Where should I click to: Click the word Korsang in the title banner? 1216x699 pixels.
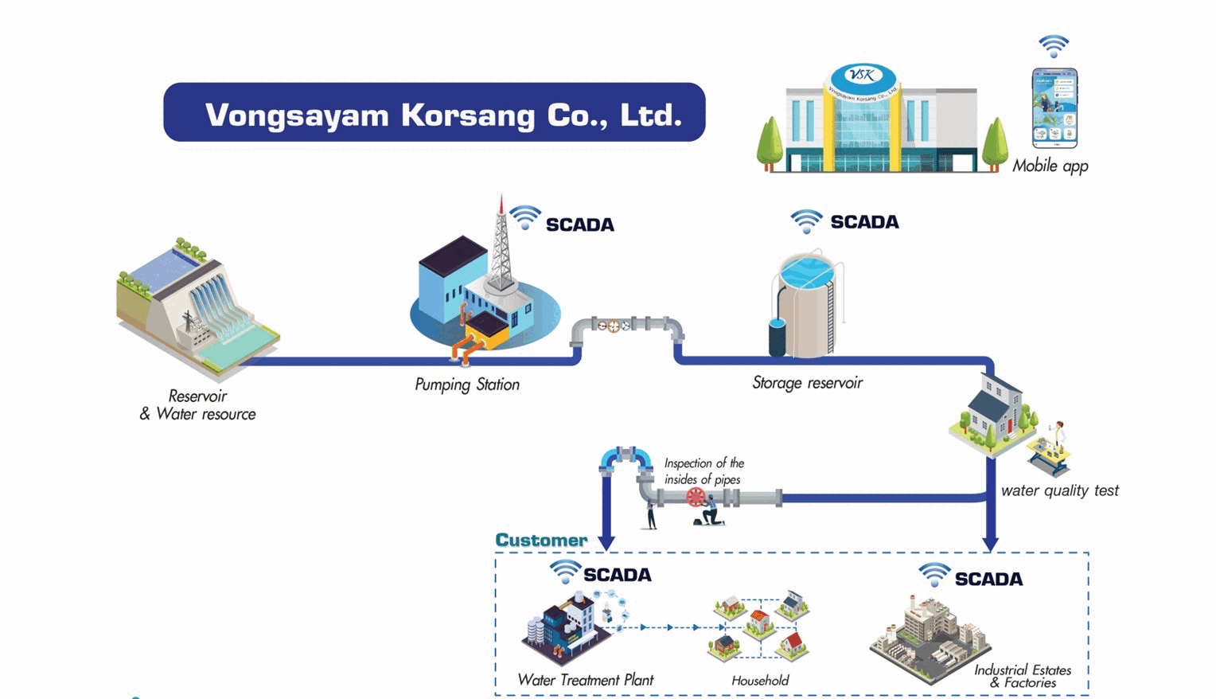pyautogui.click(x=467, y=115)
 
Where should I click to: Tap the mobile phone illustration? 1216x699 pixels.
pyautogui.click(x=1054, y=108)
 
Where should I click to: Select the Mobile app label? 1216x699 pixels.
pyautogui.click(x=1050, y=166)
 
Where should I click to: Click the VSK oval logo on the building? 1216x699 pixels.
pyautogui.click(x=863, y=76)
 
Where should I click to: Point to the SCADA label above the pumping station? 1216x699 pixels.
pyautogui.click(x=579, y=225)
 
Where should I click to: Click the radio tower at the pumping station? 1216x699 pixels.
pyautogui.click(x=501, y=243)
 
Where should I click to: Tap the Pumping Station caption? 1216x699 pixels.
pyautogui.click(x=467, y=385)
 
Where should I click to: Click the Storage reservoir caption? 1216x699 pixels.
pyautogui.click(x=807, y=383)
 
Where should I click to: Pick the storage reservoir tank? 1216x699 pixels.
pyautogui.click(x=805, y=307)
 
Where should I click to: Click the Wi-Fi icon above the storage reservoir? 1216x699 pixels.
pyautogui.click(x=806, y=220)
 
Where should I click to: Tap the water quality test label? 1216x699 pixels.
pyautogui.click(x=1059, y=490)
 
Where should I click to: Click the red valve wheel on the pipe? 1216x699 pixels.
pyautogui.click(x=696, y=498)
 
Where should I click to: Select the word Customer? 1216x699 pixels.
pyautogui.click(x=541, y=540)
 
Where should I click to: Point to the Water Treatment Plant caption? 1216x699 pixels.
pyautogui.click(x=585, y=680)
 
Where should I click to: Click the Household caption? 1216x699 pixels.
pyautogui.click(x=760, y=681)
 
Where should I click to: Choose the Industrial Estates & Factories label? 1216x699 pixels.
pyautogui.click(x=1023, y=676)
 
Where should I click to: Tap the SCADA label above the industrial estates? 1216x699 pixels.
pyautogui.click(x=988, y=579)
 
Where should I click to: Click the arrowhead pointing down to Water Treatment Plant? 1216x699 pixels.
pyautogui.click(x=606, y=543)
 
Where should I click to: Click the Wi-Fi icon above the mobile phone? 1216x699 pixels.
pyautogui.click(x=1054, y=46)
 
